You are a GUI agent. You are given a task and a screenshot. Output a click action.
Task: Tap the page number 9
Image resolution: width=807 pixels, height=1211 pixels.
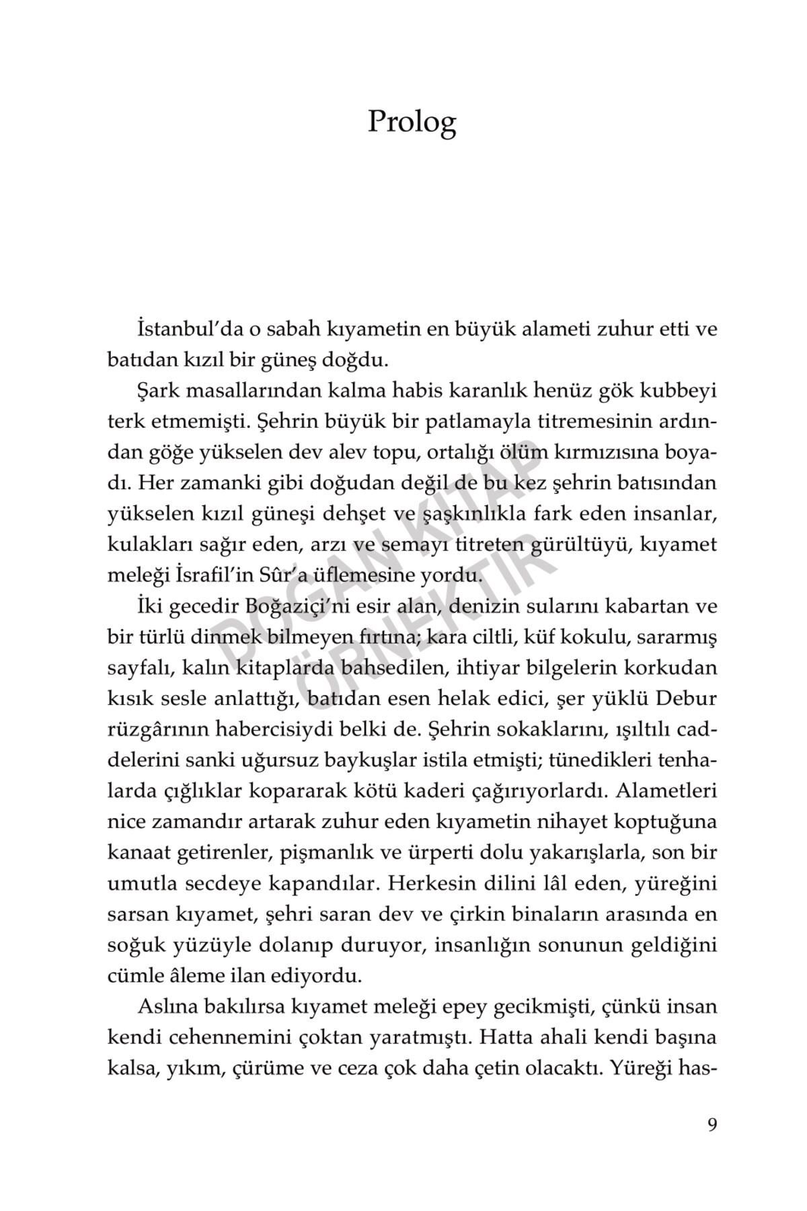coord(712,1125)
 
